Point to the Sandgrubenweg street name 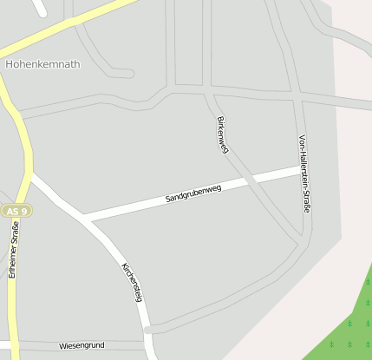(x=193, y=193)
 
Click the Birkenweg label (x=222, y=134)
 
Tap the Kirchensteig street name (x=132, y=281)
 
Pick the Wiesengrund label (x=82, y=345)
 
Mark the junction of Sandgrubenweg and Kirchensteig (x=89, y=218)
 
